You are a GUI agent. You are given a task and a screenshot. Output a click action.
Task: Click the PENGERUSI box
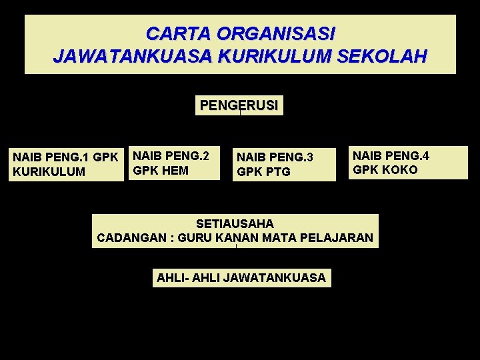click(x=239, y=105)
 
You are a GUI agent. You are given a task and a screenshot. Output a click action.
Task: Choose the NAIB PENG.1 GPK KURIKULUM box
click(x=66, y=164)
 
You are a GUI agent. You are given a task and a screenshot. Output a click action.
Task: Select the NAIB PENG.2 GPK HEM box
click(x=173, y=163)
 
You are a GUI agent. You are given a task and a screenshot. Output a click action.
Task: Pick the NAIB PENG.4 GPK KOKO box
click(x=409, y=163)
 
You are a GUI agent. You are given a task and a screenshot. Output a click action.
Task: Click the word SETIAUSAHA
click(x=235, y=224)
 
